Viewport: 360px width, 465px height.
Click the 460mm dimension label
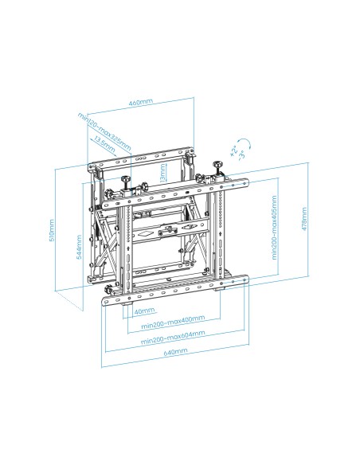140,103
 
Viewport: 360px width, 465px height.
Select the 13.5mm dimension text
102,142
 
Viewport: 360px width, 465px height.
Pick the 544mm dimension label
78,247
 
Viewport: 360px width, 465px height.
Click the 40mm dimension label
144,311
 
